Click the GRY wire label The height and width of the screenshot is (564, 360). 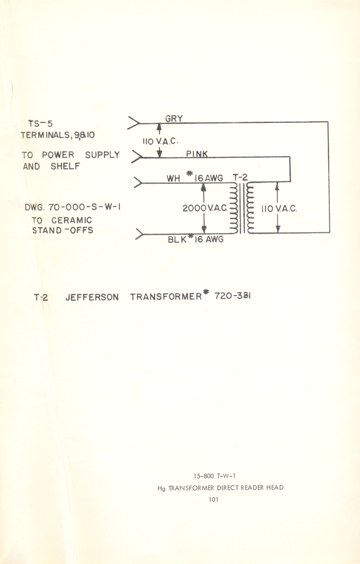tap(174, 118)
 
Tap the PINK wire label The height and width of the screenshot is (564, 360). tap(197, 154)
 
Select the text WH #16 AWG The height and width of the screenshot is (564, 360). tap(195, 178)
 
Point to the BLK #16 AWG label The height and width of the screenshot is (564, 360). tap(196, 240)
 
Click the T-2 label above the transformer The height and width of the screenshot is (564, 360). tap(241, 177)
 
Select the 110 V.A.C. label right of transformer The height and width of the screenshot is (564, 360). tap(278, 209)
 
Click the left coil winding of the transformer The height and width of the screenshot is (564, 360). tap(234, 209)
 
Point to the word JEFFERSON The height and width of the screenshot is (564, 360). tap(92, 298)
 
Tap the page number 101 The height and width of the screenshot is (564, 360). tap(214, 499)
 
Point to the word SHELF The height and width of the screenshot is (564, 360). tap(66, 166)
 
